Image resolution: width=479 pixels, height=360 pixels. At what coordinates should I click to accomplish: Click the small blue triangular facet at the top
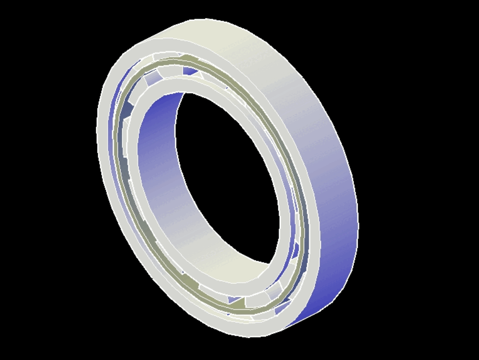[x=190, y=72]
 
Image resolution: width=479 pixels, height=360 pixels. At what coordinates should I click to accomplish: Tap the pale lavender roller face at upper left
[x=153, y=77]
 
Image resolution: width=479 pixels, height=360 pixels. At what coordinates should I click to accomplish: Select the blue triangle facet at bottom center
[x=235, y=300]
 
